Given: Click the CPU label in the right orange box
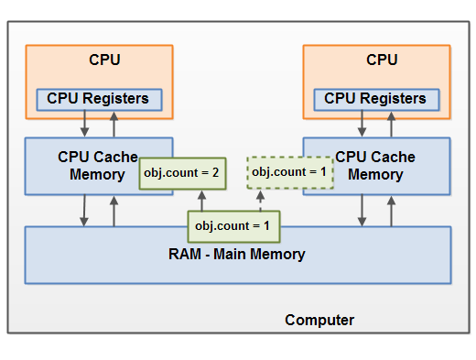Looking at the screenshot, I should pyautogui.click(x=382, y=60).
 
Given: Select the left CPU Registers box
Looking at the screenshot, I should pyautogui.click(x=99, y=98).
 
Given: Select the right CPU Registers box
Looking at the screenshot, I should pyautogui.click(x=375, y=98).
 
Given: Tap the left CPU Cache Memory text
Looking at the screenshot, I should pyautogui.click(x=98, y=166).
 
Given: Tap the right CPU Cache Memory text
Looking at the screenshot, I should pyautogui.click(x=375, y=166).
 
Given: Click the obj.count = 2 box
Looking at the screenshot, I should pyautogui.click(x=182, y=171).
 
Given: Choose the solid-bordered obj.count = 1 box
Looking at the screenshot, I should pyautogui.click(x=233, y=224).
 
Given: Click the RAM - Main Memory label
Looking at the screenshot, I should pyautogui.click(x=238, y=254).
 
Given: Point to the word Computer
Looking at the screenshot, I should pyautogui.click(x=319, y=320).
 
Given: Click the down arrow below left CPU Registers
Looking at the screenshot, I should pyautogui.click(x=84, y=123).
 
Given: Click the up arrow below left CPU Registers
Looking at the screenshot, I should pyautogui.click(x=114, y=123).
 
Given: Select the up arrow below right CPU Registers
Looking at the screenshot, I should pyautogui.click(x=391, y=123).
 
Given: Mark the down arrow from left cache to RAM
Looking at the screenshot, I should pyautogui.click(x=84, y=210).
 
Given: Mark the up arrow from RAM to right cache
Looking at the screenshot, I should pyautogui.click(x=391, y=210).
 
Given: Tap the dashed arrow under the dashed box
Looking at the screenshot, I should pyautogui.click(x=259, y=200).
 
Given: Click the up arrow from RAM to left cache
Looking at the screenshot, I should pyautogui.click(x=114, y=210).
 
